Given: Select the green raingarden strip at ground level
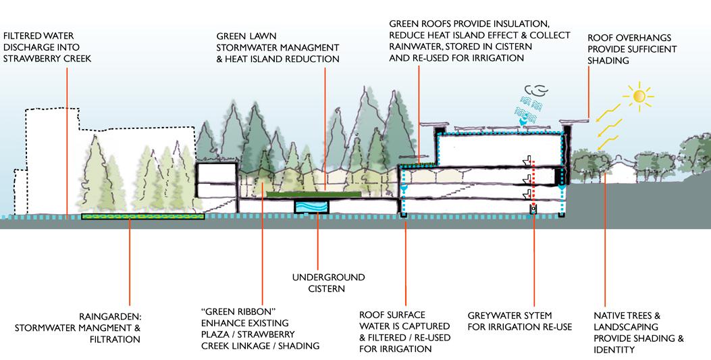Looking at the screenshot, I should coord(142,217).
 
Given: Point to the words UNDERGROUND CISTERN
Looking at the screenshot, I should coord(328,283).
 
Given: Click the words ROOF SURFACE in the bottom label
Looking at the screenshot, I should coord(392,315).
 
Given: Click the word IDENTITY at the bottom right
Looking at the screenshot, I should coord(614,350).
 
